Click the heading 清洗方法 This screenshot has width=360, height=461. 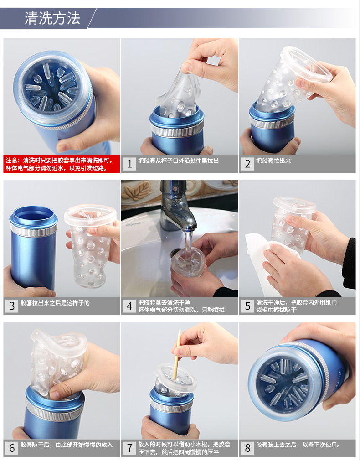(52, 18)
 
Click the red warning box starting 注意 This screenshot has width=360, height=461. (62, 164)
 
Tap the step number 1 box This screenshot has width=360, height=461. (129, 164)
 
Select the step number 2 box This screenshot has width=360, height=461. (247, 164)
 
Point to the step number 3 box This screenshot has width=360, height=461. (12, 306)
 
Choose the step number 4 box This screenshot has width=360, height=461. (129, 306)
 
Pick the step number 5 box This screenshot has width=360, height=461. (247, 306)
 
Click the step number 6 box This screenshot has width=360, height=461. (12, 448)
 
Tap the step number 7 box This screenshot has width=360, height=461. (129, 448)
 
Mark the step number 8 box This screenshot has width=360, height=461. (247, 448)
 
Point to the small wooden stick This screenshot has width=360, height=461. (177, 355)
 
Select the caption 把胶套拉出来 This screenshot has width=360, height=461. (273, 161)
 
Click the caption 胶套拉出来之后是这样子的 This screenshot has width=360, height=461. (55, 303)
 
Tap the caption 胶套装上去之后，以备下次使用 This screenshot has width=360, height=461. (298, 445)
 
